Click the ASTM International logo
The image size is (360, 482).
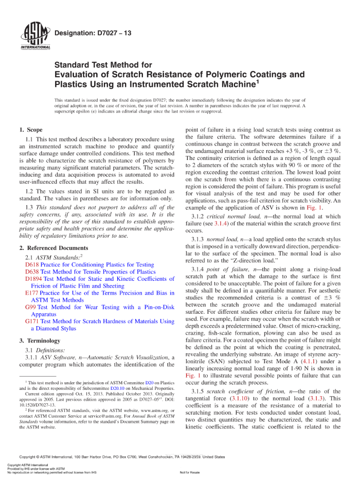(x=35, y=36)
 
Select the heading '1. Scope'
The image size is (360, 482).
(x=31, y=130)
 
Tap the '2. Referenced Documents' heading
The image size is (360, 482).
(x=53, y=248)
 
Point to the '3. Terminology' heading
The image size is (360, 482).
(x=40, y=341)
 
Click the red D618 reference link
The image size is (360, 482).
(x=32, y=265)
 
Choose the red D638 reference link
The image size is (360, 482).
(x=32, y=272)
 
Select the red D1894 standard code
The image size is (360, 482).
(x=33, y=279)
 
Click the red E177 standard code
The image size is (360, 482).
(x=31, y=293)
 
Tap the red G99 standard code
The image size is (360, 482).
(x=30, y=308)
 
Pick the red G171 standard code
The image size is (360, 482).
(x=31, y=322)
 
